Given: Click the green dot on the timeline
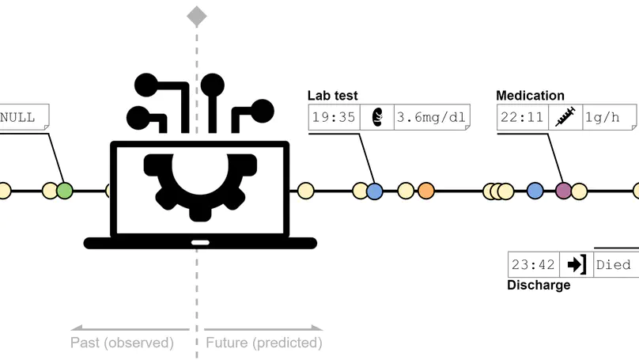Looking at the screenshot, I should point(65,190).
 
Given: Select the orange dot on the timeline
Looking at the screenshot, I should point(426,190).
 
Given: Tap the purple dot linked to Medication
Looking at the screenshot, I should point(563,190).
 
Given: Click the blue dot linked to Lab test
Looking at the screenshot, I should point(375,190).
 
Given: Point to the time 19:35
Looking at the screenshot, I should point(333,118).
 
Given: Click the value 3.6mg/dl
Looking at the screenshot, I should point(430,118).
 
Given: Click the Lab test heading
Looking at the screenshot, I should point(332,97).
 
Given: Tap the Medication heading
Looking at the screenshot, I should point(530,97).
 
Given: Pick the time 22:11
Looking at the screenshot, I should point(522,118).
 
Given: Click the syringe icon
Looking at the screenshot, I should point(565,118).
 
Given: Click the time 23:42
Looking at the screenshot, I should point(533,264).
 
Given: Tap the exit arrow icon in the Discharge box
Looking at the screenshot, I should point(576,264).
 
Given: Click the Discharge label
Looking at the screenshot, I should point(538,285).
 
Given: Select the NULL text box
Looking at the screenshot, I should point(21,117).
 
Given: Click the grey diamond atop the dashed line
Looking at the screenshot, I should point(197,15).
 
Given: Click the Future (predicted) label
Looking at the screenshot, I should point(264,343).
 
